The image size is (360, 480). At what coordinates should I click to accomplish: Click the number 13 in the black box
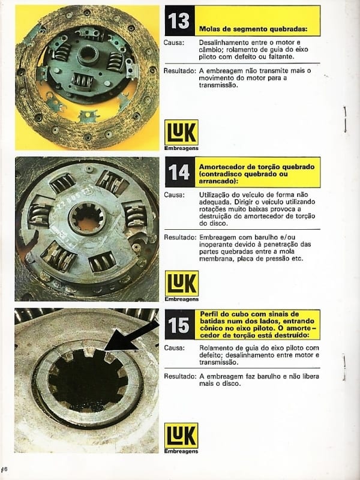click(179, 21)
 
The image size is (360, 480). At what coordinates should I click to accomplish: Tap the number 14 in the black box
click(179, 172)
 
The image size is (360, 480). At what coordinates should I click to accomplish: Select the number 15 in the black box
click(179, 325)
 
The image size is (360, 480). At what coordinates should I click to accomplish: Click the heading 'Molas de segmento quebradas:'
click(253, 29)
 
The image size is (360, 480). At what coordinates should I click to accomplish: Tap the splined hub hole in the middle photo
click(87, 217)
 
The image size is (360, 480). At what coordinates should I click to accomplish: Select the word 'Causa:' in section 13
click(173, 43)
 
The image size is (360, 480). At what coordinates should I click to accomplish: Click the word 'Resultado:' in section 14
click(180, 237)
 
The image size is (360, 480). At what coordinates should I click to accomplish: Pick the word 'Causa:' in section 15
click(174, 348)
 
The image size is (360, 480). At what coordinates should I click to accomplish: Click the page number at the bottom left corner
click(5, 469)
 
